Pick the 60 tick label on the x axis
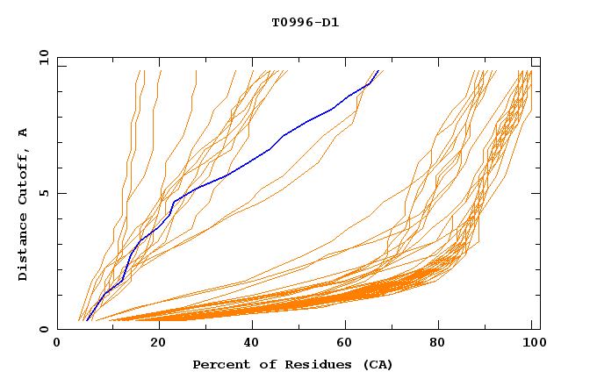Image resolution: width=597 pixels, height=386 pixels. pos(348,343)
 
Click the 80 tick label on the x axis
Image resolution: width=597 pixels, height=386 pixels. pos(442,343)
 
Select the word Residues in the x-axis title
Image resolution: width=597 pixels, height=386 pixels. pos(297,365)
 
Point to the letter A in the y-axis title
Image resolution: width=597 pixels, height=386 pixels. pos(23,132)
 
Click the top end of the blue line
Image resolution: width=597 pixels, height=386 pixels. pos(378,71)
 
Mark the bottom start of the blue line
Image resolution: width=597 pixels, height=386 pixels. pos(86,320)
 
